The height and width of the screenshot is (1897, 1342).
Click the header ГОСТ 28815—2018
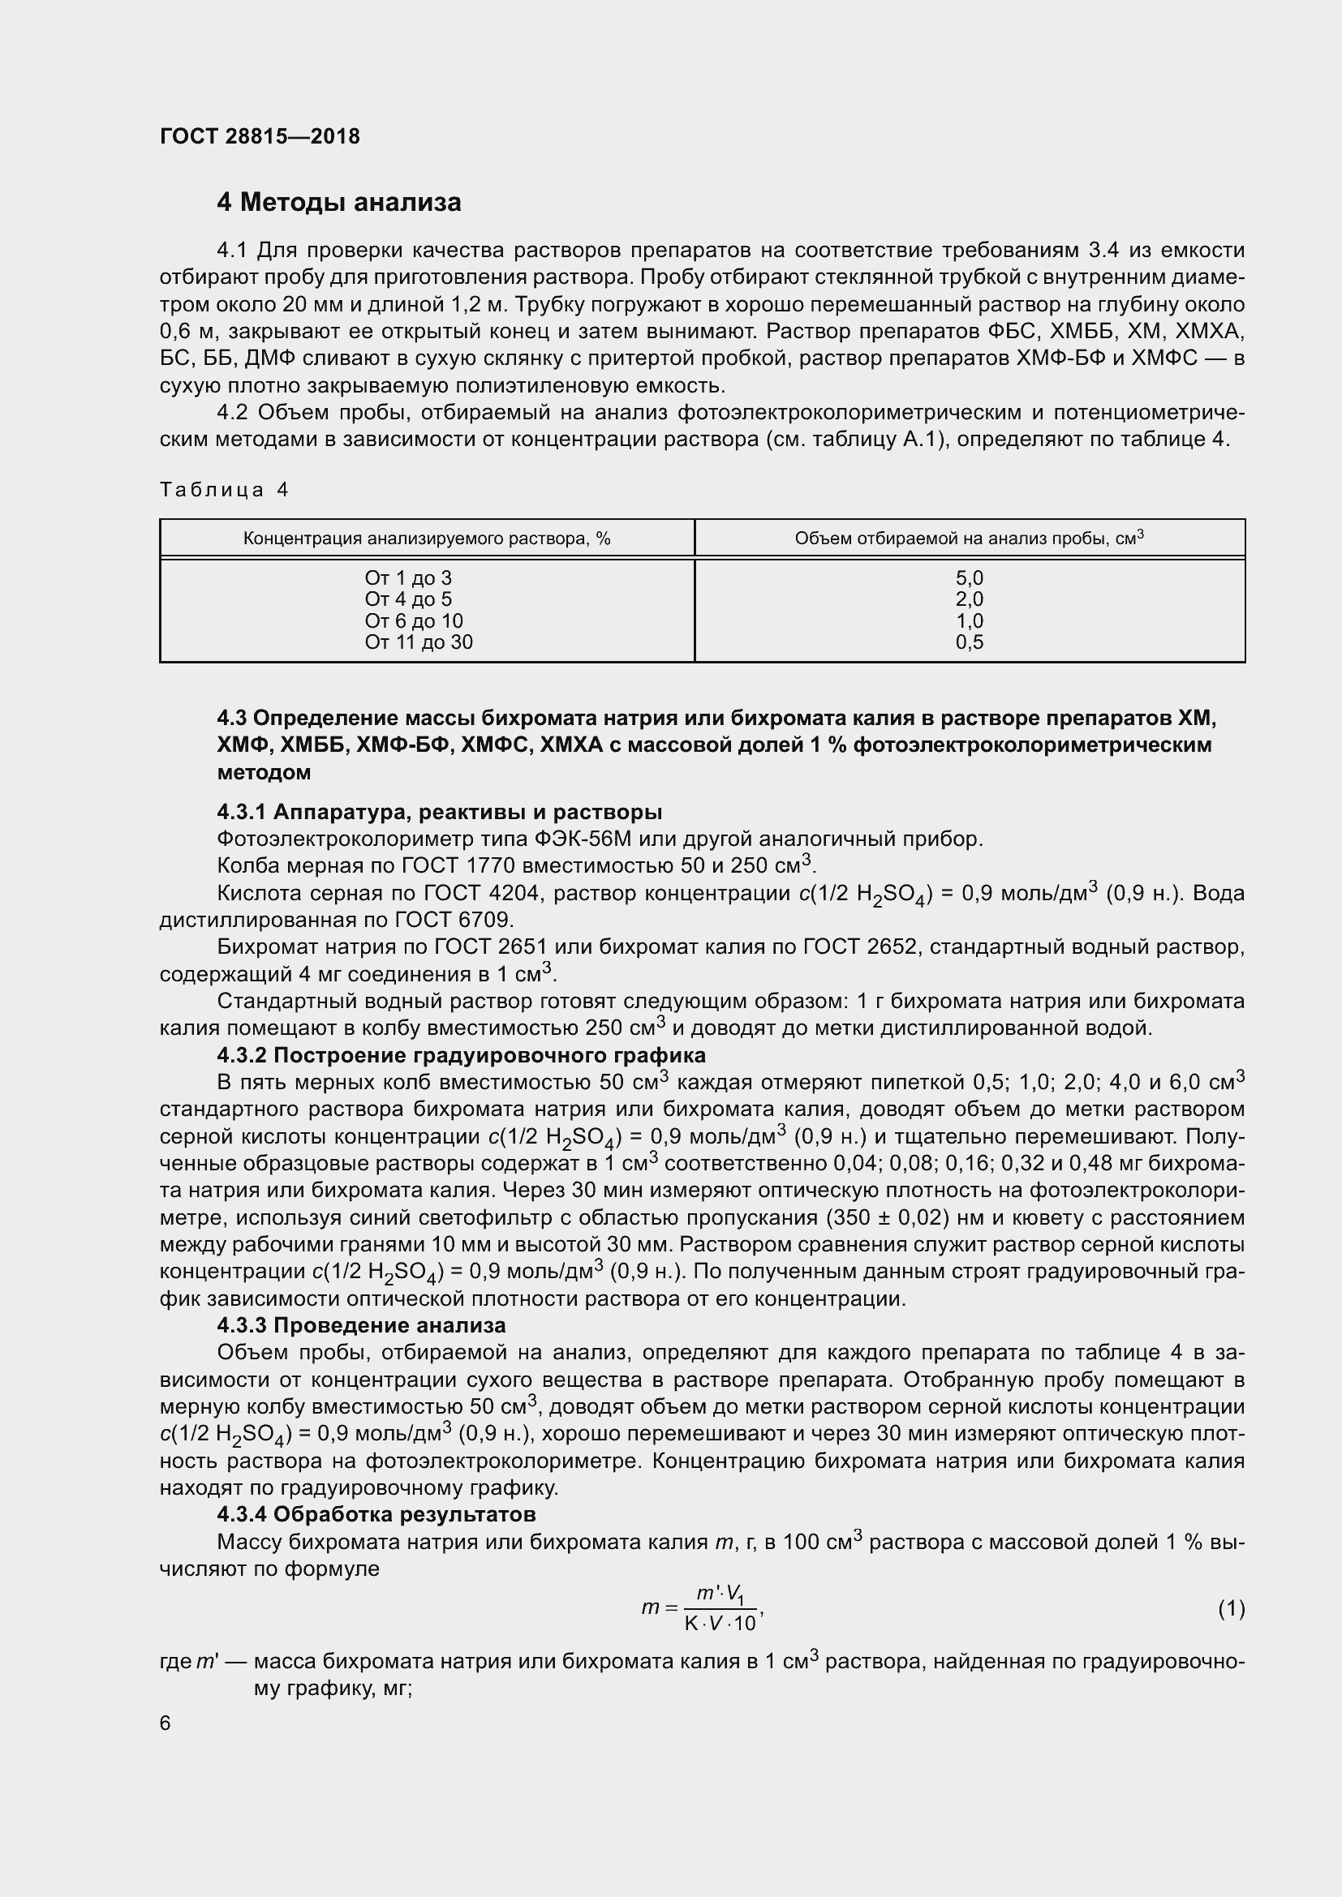click(x=260, y=136)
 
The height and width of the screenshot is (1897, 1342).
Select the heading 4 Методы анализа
click(x=339, y=203)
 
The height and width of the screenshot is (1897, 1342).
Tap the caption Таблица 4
click(x=224, y=490)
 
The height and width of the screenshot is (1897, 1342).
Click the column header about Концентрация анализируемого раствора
click(x=427, y=539)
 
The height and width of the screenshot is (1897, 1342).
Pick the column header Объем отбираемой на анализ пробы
click(x=969, y=538)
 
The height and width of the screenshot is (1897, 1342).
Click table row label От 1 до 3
click(x=408, y=577)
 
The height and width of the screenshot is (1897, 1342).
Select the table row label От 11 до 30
click(x=418, y=642)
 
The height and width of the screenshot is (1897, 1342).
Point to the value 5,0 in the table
click(x=970, y=577)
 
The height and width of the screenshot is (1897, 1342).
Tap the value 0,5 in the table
click(x=970, y=642)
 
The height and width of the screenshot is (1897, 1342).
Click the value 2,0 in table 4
click(x=970, y=599)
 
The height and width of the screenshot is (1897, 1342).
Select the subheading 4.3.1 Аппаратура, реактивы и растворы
click(x=440, y=812)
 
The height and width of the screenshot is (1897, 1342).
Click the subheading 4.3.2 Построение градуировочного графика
click(x=461, y=1055)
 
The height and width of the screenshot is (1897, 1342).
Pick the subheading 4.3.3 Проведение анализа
click(x=361, y=1325)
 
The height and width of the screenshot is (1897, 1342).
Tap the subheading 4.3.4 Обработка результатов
click(x=376, y=1514)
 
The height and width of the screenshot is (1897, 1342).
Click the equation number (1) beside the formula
click(x=1231, y=1608)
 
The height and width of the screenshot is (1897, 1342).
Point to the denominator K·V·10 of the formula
click(x=720, y=1624)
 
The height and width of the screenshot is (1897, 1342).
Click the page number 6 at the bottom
click(x=166, y=1723)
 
